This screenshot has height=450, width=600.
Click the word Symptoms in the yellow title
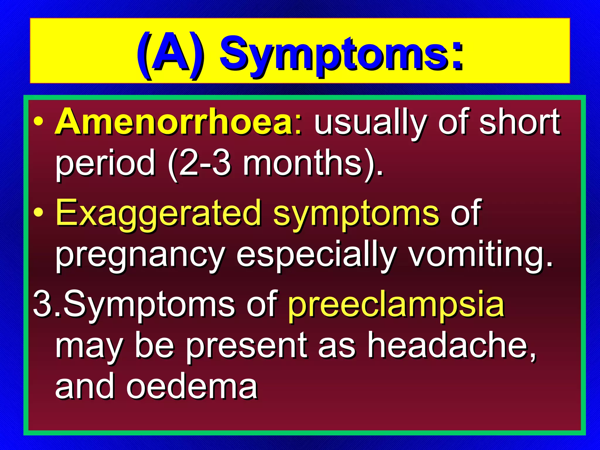[342, 56]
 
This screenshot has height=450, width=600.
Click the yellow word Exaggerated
[158, 213]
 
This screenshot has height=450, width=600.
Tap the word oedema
[192, 387]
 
